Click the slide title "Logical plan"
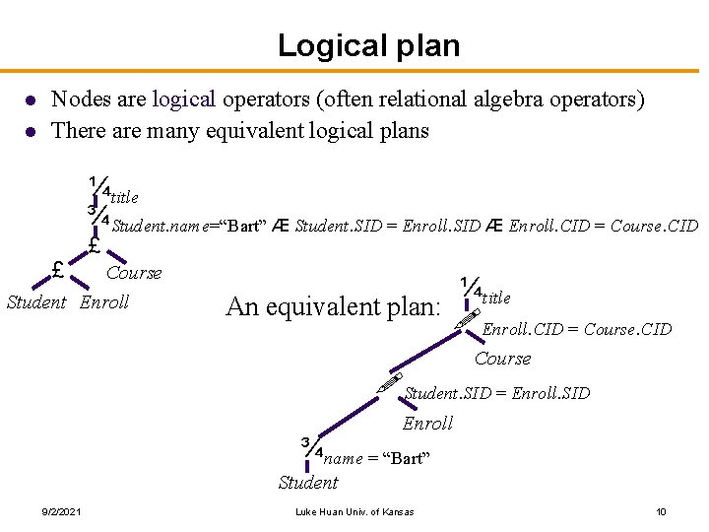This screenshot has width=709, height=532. pos(368,45)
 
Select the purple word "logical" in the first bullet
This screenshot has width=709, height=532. pos(186,100)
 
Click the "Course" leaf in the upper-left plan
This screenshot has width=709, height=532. pos(134,273)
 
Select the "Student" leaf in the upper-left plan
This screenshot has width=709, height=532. pos(36,302)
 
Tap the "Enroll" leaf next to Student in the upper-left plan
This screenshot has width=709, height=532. pos(104,302)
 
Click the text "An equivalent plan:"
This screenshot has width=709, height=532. pos(333,306)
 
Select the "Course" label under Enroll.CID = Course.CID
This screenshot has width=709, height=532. pos(502,359)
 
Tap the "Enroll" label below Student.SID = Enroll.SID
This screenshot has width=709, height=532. pos(427,424)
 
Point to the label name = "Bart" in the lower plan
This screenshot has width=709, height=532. pos(376,458)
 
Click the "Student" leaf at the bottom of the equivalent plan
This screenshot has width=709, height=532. pos(307,483)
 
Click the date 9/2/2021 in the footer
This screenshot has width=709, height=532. pos(61,511)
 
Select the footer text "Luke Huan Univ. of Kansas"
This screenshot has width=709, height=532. pos(354,511)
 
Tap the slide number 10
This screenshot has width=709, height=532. pos(661,511)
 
